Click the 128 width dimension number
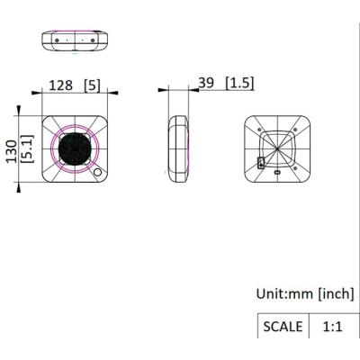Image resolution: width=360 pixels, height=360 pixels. coord(61,85)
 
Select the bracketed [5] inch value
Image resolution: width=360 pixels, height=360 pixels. coord(92,85)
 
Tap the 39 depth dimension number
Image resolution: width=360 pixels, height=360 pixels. coord(206,83)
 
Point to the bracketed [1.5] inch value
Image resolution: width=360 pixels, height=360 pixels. coord(239,83)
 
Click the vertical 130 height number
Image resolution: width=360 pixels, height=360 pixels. coord(13,151)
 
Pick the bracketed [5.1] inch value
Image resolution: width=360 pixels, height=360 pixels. coord(27,149)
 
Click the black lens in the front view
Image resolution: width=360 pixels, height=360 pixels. coord(74,149)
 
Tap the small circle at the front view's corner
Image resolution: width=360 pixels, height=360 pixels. coord(97,172)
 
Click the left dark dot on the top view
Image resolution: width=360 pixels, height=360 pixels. coord(57,40)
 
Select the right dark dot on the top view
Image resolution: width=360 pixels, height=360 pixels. coord(93,40)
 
